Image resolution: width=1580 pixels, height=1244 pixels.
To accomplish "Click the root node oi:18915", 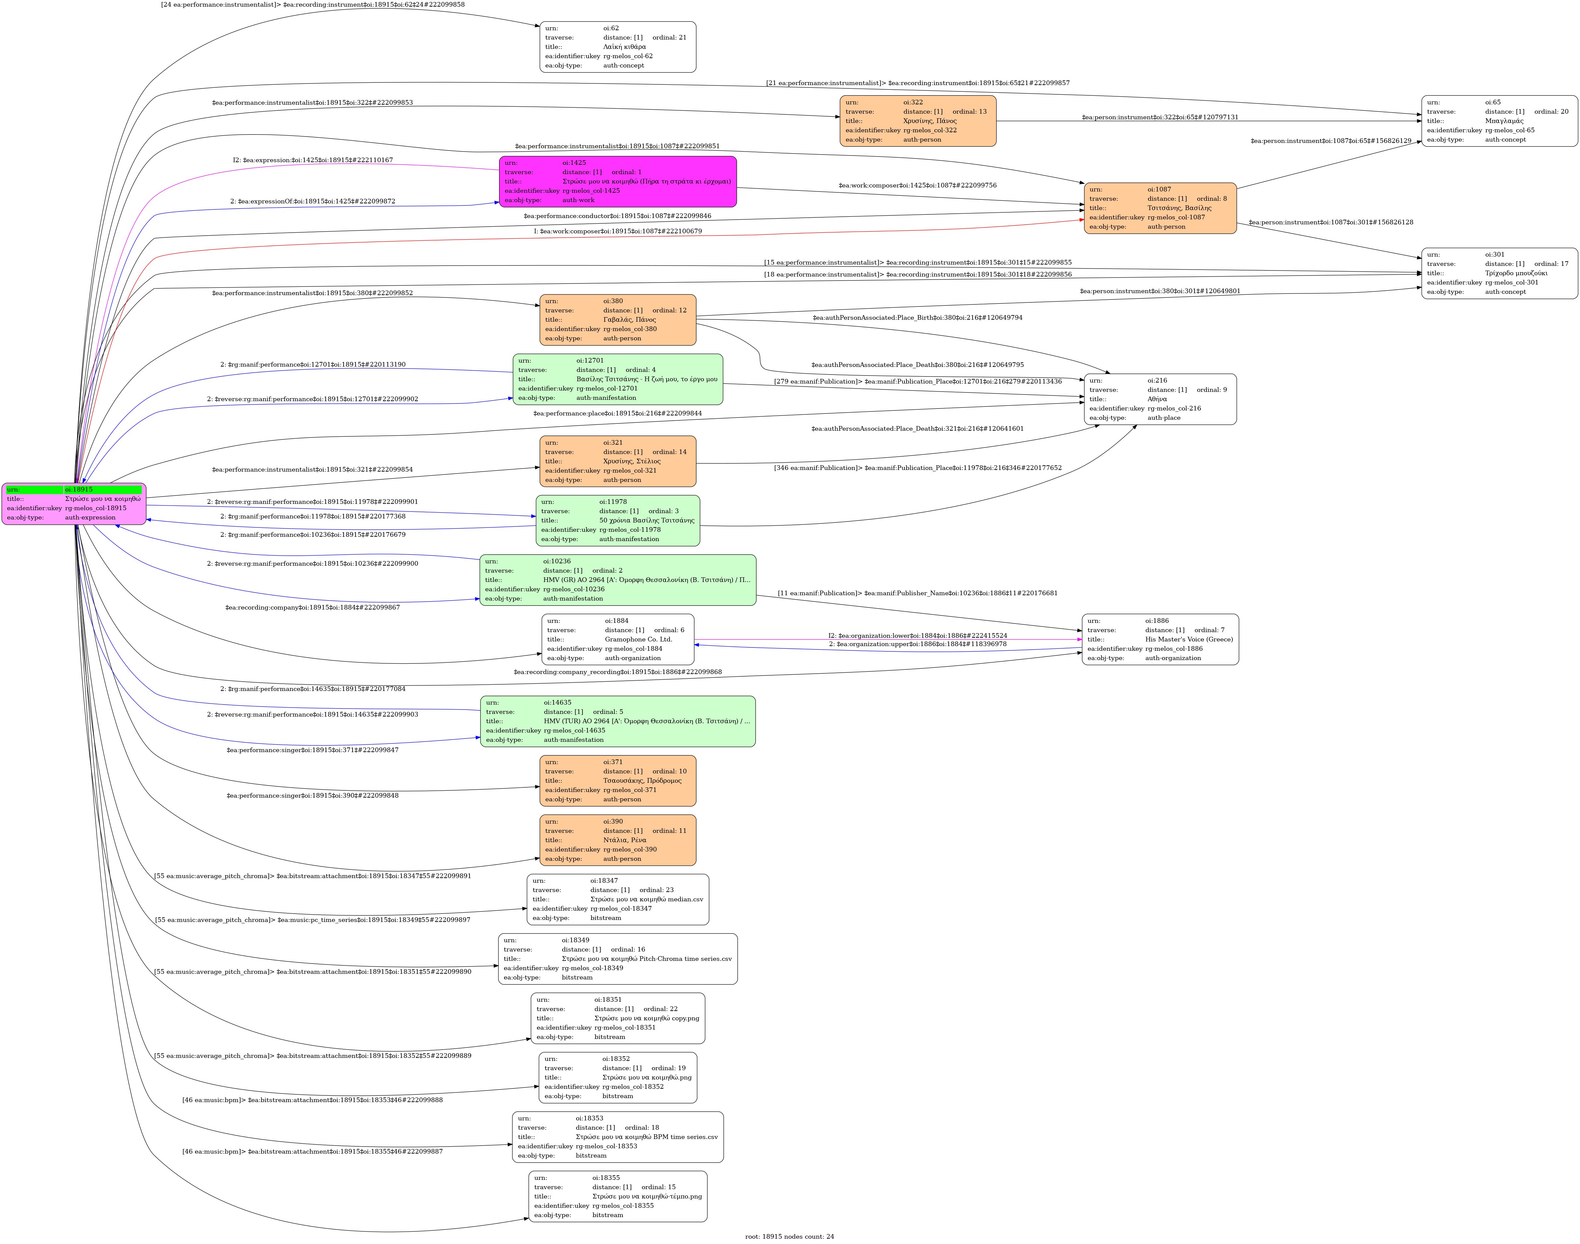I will point(73,503).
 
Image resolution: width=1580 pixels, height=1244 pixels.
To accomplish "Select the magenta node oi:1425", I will point(617,181).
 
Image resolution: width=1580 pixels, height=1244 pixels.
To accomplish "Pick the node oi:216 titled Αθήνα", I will point(1160,399).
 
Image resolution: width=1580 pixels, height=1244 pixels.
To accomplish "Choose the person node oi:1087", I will point(1160,208).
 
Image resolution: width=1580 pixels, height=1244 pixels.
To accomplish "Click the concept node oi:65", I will point(1499,121).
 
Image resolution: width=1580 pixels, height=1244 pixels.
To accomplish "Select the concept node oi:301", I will point(1499,273).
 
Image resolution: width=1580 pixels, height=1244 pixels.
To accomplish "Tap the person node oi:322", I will point(917,121).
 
